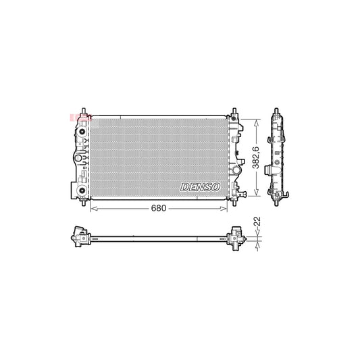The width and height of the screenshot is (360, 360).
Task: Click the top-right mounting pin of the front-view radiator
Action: coord(235,110)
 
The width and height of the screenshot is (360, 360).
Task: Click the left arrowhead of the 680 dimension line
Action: coord(93,209)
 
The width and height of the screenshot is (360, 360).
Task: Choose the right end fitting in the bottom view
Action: coord(237,237)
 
